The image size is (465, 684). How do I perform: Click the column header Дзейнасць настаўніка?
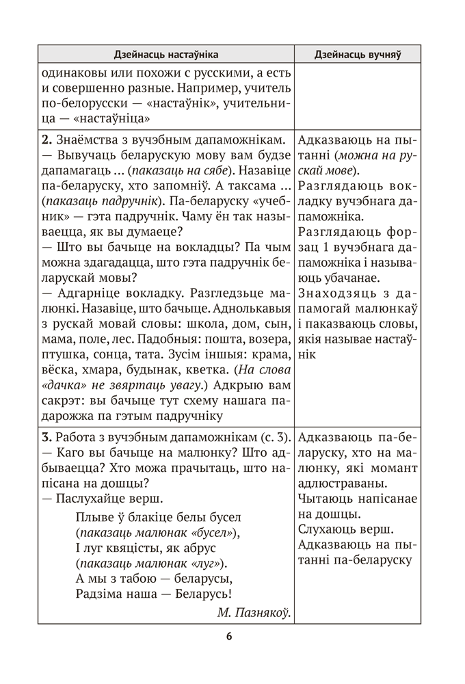[x=165, y=54]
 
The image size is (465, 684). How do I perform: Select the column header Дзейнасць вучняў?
[x=357, y=54]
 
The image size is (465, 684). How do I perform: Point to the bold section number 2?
[x=46, y=140]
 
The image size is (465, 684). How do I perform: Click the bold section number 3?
[x=46, y=436]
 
